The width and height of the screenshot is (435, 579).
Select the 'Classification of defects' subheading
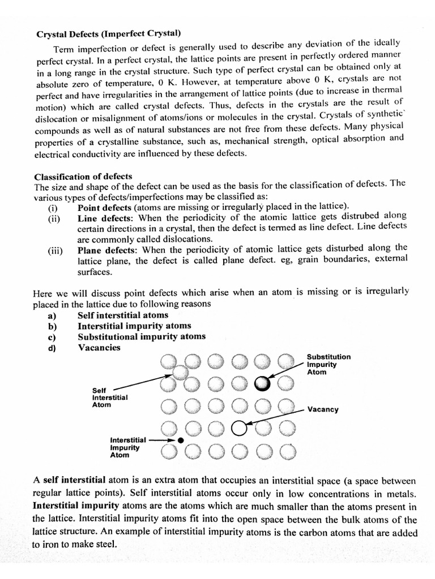coord(83,176)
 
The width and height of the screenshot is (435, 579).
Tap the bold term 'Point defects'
coord(104,208)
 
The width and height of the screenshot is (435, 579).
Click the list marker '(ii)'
coord(54,219)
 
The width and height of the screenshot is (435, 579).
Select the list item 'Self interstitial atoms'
coord(123,315)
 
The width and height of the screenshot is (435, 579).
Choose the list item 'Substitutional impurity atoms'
coord(142,336)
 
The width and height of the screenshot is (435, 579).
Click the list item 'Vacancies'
coord(99,347)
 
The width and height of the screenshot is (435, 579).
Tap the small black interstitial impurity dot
coord(180,439)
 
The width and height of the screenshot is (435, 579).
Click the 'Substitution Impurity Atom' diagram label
coord(329,364)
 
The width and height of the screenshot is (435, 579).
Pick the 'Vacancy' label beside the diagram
coord(323,409)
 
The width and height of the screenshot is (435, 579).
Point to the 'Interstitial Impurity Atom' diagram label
coord(128,447)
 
